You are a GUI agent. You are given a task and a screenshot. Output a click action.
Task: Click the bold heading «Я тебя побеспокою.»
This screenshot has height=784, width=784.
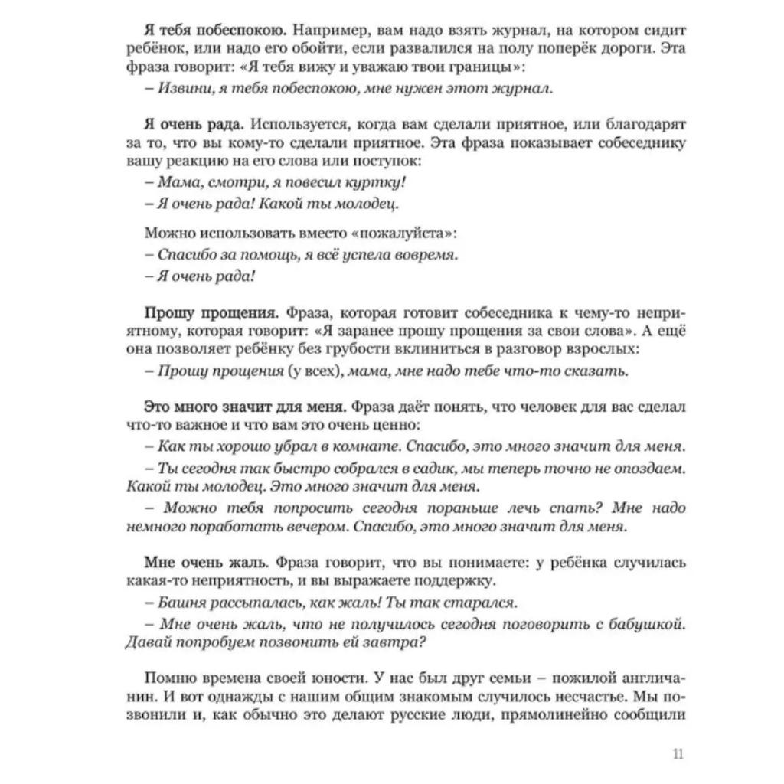[215, 31]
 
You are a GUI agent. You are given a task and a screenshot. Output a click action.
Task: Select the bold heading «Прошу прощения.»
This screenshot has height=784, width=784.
[212, 313]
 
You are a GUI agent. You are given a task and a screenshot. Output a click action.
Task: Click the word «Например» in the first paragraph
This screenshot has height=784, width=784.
[323, 31]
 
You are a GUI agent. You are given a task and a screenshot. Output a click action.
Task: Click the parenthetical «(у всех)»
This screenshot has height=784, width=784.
[305, 371]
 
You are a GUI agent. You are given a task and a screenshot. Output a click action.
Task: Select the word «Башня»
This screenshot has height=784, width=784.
[182, 603]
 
